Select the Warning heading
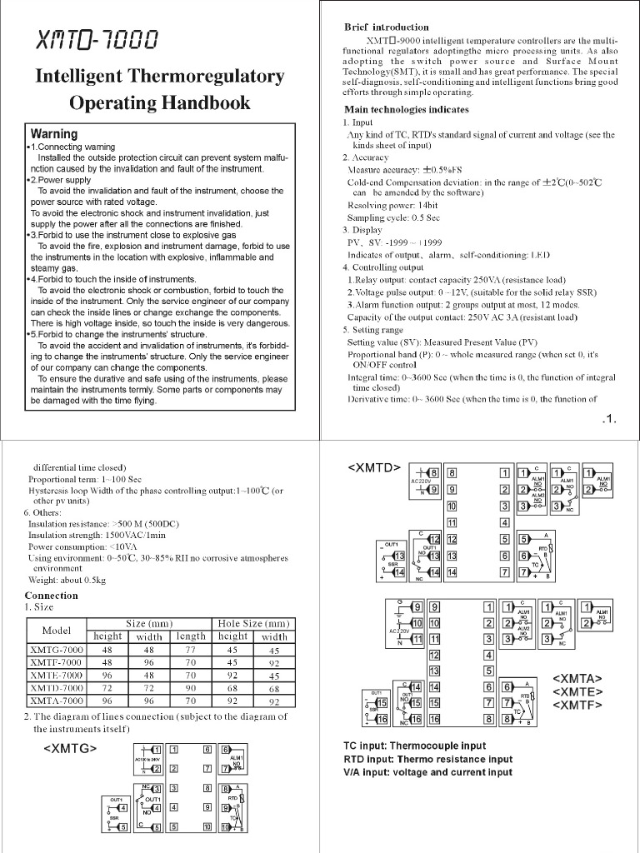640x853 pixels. point(54,133)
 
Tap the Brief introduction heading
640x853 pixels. point(387,27)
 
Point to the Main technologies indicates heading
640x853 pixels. point(407,109)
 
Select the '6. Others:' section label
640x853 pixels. point(50,513)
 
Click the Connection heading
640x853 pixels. point(52,596)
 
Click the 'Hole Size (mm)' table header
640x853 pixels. point(252,623)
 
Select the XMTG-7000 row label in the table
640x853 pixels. point(57,649)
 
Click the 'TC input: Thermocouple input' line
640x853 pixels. point(415,746)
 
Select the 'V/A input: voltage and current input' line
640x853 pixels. point(427,772)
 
